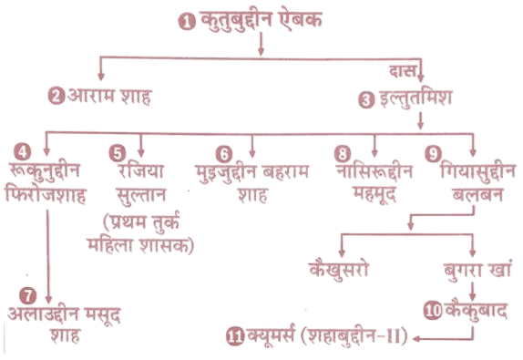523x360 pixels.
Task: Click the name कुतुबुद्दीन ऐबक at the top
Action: (x=261, y=20)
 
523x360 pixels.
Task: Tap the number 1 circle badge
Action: (x=187, y=22)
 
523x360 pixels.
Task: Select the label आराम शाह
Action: (x=109, y=97)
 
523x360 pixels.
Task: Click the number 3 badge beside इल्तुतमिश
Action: (x=366, y=99)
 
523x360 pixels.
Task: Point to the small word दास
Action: (x=403, y=71)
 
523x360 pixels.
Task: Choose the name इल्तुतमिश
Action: (x=415, y=98)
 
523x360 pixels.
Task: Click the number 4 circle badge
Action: (x=23, y=152)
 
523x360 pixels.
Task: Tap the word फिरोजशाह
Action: (x=46, y=195)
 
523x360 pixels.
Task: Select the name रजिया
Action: (x=140, y=170)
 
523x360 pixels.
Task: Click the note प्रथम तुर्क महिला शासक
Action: (x=140, y=233)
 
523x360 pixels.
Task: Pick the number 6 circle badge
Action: (x=224, y=154)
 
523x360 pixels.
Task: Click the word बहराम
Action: (x=286, y=171)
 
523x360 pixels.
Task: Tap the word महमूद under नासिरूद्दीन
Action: (x=374, y=195)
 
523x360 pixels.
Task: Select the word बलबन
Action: (x=477, y=193)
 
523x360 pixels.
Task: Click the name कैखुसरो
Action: (x=339, y=269)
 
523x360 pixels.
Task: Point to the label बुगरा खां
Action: (x=477, y=271)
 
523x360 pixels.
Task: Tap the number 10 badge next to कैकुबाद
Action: (x=433, y=310)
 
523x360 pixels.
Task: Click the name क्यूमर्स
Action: (x=272, y=335)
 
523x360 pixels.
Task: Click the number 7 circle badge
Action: (x=27, y=296)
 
